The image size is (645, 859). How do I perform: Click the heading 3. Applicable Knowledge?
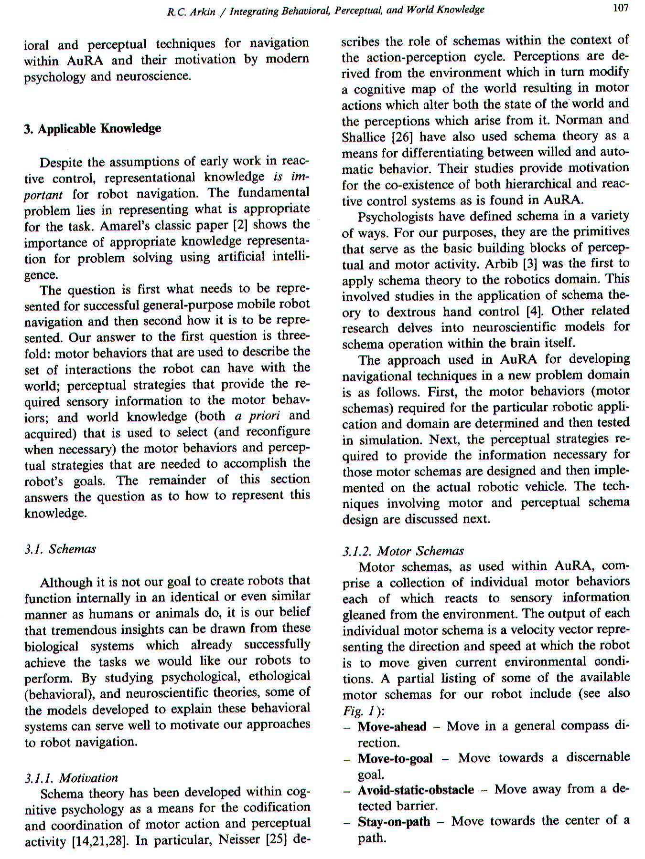pyautogui.click(x=93, y=129)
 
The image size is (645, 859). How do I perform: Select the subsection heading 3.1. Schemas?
pyautogui.click(x=60, y=549)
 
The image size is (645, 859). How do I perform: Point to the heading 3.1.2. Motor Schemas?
pyautogui.click(x=403, y=551)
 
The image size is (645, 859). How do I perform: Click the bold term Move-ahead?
pyautogui.click(x=392, y=726)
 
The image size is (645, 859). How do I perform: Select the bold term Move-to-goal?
pyautogui.click(x=395, y=758)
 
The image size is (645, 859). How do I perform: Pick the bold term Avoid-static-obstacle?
pyautogui.click(x=416, y=790)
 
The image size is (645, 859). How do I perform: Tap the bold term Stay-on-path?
pyautogui.click(x=394, y=822)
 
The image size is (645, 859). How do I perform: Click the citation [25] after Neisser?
pyautogui.click(x=273, y=839)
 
